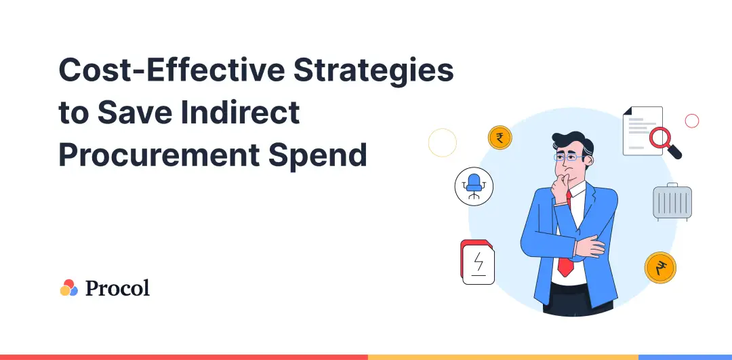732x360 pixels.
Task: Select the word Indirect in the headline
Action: [240, 112]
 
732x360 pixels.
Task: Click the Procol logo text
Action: [118, 287]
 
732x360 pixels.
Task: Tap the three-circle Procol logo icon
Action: [68, 287]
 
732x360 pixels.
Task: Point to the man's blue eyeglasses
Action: [569, 157]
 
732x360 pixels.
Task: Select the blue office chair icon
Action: [474, 186]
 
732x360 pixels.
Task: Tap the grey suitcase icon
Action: [672, 202]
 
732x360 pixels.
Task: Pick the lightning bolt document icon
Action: [478, 262]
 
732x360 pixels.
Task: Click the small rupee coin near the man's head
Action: [500, 138]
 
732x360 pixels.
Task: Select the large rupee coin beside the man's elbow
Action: [660, 268]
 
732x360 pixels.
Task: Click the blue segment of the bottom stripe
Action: [685, 357]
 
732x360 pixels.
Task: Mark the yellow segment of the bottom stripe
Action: [503, 357]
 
